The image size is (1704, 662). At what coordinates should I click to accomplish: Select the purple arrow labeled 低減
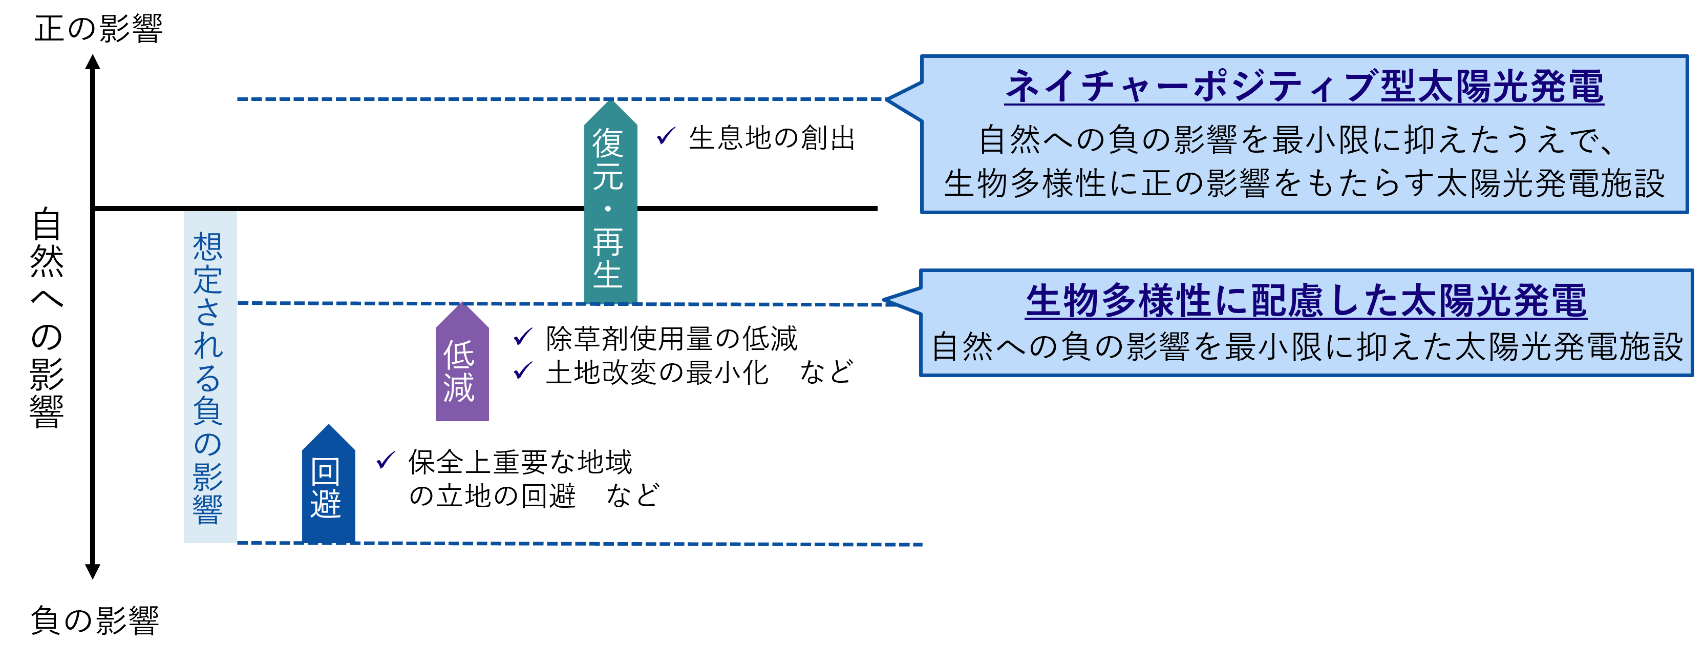[x=462, y=371]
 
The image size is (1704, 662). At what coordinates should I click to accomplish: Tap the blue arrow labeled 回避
[x=328, y=490]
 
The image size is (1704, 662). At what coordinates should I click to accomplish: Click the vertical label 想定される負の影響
[x=210, y=377]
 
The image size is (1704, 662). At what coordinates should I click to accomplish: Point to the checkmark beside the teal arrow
[x=666, y=135]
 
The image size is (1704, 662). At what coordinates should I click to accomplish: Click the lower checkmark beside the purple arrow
[x=523, y=369]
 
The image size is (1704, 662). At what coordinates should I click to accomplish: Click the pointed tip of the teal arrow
[x=610, y=104]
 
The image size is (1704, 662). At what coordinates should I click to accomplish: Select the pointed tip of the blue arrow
[x=328, y=428]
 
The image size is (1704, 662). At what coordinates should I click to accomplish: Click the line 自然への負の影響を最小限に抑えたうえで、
[x=1296, y=140]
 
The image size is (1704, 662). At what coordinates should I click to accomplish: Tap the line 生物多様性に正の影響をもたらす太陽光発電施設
[x=1304, y=183]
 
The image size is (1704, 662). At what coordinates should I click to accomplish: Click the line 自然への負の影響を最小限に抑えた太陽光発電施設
[x=1307, y=347]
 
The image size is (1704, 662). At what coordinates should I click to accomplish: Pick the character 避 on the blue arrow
[x=326, y=505]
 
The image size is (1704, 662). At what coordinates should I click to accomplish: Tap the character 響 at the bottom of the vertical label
[x=208, y=510]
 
